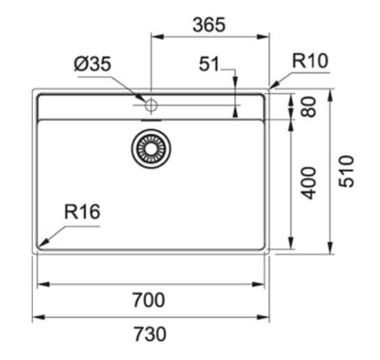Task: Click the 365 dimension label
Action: click(209, 25)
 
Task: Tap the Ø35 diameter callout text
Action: click(92, 64)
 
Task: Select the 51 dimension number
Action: click(209, 64)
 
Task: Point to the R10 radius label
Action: click(310, 61)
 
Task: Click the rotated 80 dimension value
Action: click(308, 107)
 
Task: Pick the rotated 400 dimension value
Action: click(308, 183)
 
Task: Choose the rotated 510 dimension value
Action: click(346, 171)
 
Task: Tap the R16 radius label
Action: click(82, 212)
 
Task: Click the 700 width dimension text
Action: click(149, 300)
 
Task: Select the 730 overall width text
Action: click(150, 334)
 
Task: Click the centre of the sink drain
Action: click(151, 149)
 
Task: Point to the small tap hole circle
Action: click(151, 105)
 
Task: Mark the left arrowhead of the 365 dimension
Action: click(157, 37)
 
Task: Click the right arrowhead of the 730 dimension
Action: click(263, 317)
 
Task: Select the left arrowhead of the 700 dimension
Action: click(44, 284)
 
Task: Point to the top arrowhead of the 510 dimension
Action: click(330, 96)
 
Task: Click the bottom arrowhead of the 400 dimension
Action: click(291, 243)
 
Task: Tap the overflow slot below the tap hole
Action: click(151, 120)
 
